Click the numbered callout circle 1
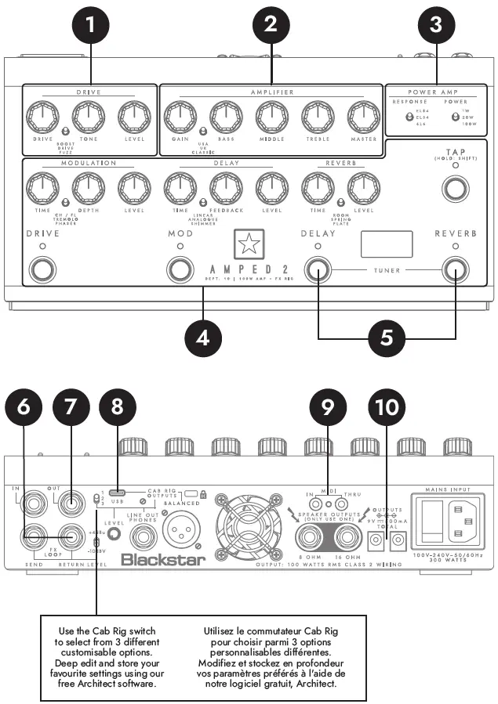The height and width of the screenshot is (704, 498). click(93, 24)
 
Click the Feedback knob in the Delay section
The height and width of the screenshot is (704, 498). click(223, 187)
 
